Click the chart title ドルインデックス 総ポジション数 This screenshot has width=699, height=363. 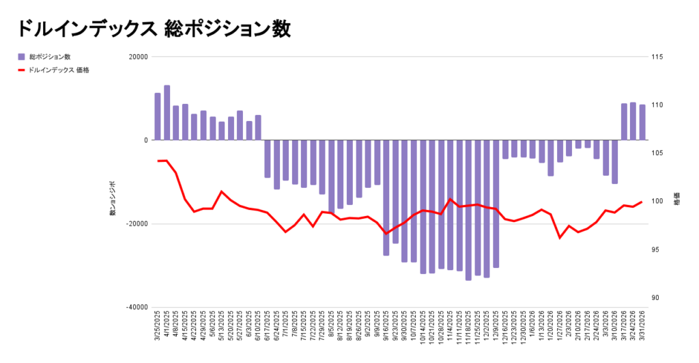coord(153,29)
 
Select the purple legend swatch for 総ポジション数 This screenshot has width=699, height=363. coord(21,57)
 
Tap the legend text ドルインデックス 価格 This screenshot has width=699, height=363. coord(59,70)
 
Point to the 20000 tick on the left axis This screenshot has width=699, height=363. coord(138,57)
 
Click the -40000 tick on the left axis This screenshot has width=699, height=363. coord(137,308)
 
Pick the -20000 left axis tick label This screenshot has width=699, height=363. coord(137,224)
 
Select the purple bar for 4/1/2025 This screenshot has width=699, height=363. coord(167,113)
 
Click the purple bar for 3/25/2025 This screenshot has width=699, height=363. coord(158,117)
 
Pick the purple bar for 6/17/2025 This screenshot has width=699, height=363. coord(268,159)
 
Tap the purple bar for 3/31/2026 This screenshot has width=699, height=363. coord(642,122)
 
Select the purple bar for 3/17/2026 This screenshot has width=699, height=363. coord(624,122)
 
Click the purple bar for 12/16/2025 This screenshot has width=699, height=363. coord(505,149)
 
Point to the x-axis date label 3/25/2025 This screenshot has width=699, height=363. coord(158,330)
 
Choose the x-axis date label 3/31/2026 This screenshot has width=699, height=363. coord(642,330)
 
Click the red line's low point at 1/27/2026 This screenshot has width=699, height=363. coord(560,238)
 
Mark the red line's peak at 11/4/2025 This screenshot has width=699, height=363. coord(451,199)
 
